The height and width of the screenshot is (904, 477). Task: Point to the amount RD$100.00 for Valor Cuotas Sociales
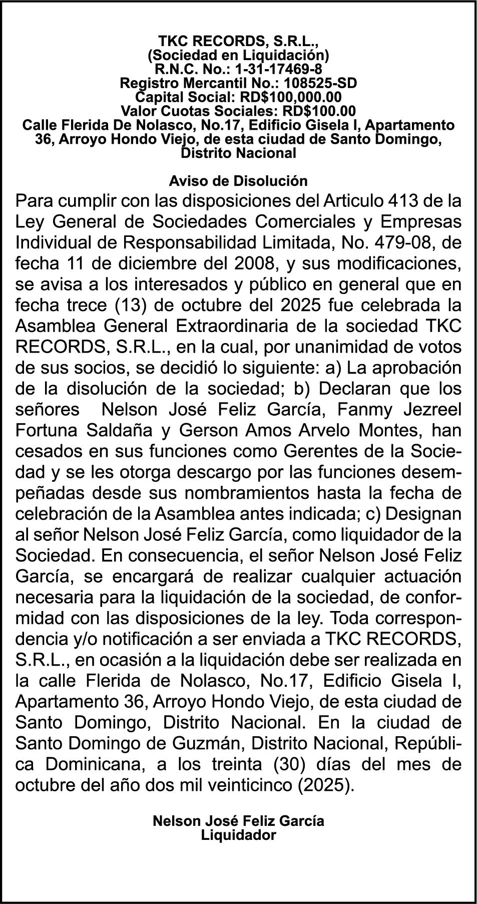point(319,110)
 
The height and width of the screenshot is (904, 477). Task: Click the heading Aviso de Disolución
point(238,180)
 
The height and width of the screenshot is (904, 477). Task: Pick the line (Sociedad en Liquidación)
point(238,54)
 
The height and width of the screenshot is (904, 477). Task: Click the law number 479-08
point(395,242)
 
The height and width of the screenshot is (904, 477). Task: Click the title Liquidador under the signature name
point(238,835)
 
